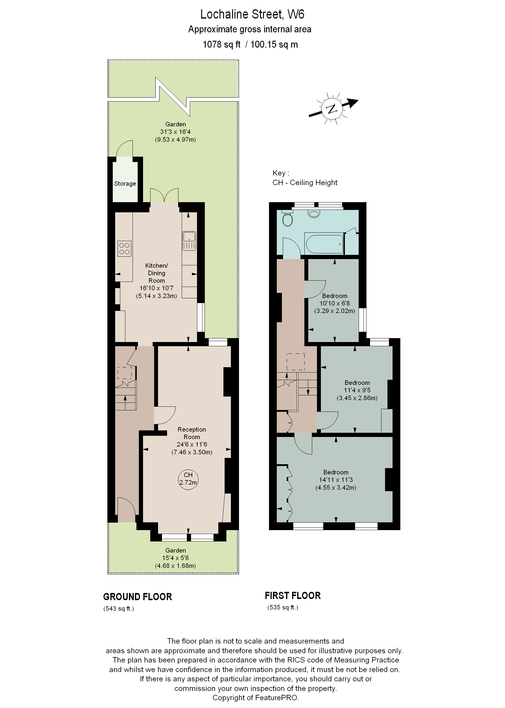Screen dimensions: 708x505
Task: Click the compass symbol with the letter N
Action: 332,109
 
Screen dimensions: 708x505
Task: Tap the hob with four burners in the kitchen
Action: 124,249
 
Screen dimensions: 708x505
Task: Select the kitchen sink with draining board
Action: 189,241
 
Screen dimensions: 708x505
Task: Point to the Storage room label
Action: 125,184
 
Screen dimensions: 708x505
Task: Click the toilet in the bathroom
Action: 287,220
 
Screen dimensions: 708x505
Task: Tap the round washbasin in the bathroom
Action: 314,214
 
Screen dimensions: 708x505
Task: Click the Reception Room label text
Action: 192,433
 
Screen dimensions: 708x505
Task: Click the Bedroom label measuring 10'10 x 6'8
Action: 335,296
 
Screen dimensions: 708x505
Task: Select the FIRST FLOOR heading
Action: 293,595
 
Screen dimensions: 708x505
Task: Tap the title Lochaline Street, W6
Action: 252,14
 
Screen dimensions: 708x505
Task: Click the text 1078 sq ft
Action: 221,44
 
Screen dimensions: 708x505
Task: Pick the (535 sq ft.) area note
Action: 283,607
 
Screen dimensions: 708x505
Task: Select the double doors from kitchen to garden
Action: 164,196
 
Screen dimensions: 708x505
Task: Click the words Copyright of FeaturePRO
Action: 255,698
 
